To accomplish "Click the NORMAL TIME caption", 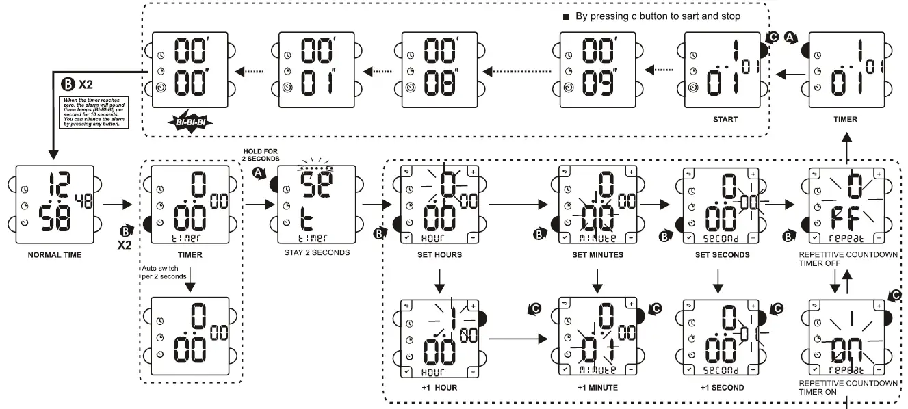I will tap(54, 255).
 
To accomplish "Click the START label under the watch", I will tap(725, 119).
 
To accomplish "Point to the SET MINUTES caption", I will tap(599, 255).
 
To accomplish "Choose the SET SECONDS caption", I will tap(718, 255).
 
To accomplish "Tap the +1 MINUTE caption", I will tap(597, 388).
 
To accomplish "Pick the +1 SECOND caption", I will tap(718, 388).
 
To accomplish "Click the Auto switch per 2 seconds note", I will tap(163, 272).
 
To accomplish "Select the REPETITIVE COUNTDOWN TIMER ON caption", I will tap(848, 387).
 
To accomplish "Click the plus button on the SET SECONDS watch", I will tap(753, 172).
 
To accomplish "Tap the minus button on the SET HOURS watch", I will tap(472, 238).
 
